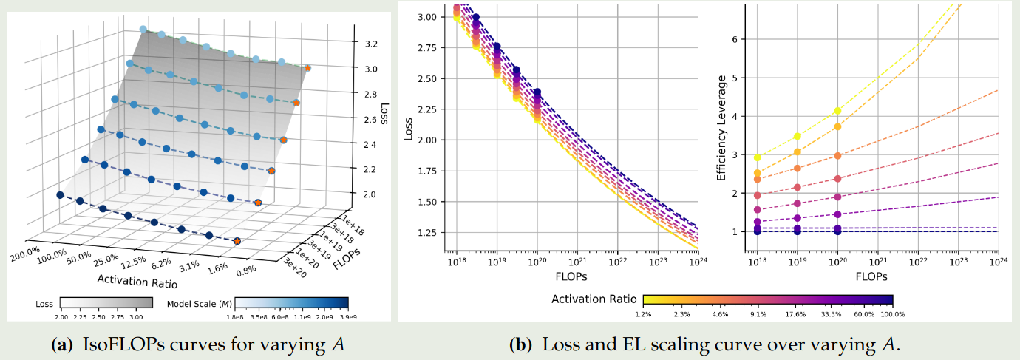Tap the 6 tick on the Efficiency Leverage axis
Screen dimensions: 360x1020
click(735, 39)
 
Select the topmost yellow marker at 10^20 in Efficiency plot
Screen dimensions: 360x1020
click(837, 111)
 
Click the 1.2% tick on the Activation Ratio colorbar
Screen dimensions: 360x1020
click(644, 314)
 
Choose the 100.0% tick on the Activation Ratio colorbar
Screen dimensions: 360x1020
click(893, 314)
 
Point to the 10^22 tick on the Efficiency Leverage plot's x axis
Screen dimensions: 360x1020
click(918, 262)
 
